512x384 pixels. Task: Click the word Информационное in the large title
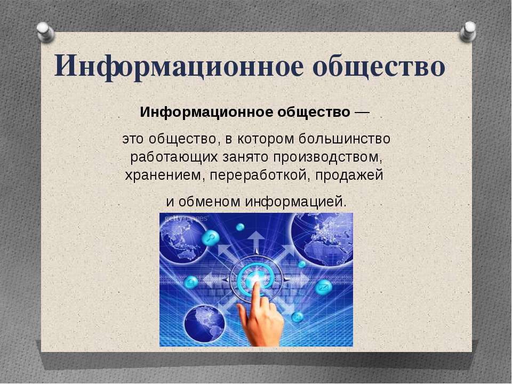click(x=179, y=66)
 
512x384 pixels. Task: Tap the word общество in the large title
click(x=379, y=66)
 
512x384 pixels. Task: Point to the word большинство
click(x=345, y=139)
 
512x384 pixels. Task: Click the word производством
click(x=327, y=157)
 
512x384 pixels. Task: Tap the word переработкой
click(x=260, y=175)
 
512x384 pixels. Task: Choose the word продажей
click(x=349, y=175)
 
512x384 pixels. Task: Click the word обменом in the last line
click(x=209, y=202)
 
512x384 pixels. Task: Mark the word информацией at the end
click(x=295, y=202)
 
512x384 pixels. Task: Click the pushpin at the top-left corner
click(x=46, y=32)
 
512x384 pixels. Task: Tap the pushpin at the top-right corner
click(x=468, y=31)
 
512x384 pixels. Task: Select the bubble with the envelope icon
click(x=324, y=287)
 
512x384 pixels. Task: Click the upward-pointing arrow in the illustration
click(x=257, y=242)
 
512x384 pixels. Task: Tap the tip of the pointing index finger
click(x=255, y=284)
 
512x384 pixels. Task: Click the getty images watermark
click(x=186, y=218)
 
